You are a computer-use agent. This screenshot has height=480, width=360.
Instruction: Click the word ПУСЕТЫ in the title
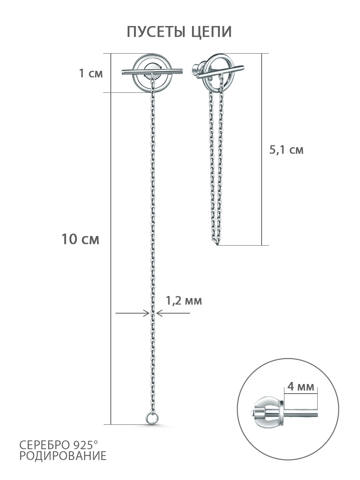point(156,32)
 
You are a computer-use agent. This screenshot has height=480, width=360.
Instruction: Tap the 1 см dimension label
point(91,73)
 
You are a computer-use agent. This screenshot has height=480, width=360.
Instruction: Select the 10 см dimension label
point(80,239)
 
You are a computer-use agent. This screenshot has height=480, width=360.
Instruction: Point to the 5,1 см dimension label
point(286,150)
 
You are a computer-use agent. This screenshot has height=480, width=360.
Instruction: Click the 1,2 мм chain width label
point(184,301)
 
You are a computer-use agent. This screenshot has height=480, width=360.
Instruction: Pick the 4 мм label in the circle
point(300,387)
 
